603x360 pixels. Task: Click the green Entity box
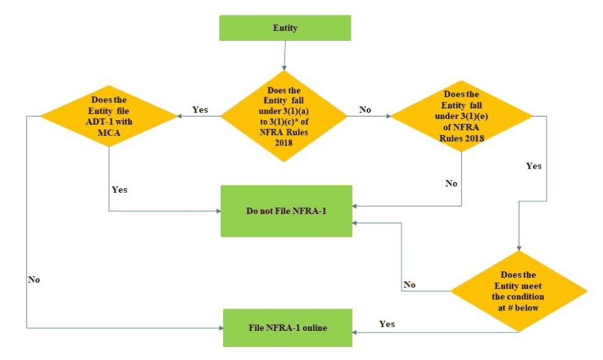click(285, 28)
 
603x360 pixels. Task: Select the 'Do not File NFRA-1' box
click(286, 211)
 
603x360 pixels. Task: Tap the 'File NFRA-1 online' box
click(286, 327)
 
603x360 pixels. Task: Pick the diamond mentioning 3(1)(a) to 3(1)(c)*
click(284, 115)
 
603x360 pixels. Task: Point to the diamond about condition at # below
click(518, 290)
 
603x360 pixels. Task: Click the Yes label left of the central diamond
click(200, 110)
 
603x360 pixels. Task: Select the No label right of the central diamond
click(366, 110)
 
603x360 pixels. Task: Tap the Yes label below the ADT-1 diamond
click(120, 190)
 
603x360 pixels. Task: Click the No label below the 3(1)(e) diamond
click(451, 184)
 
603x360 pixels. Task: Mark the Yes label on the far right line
click(534, 166)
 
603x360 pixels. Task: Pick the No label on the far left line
click(34, 280)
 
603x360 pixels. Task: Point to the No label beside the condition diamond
click(410, 285)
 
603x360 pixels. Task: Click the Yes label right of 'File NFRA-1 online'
click(387, 324)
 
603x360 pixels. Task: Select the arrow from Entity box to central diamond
click(284, 56)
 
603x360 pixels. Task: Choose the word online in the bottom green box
click(314, 327)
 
